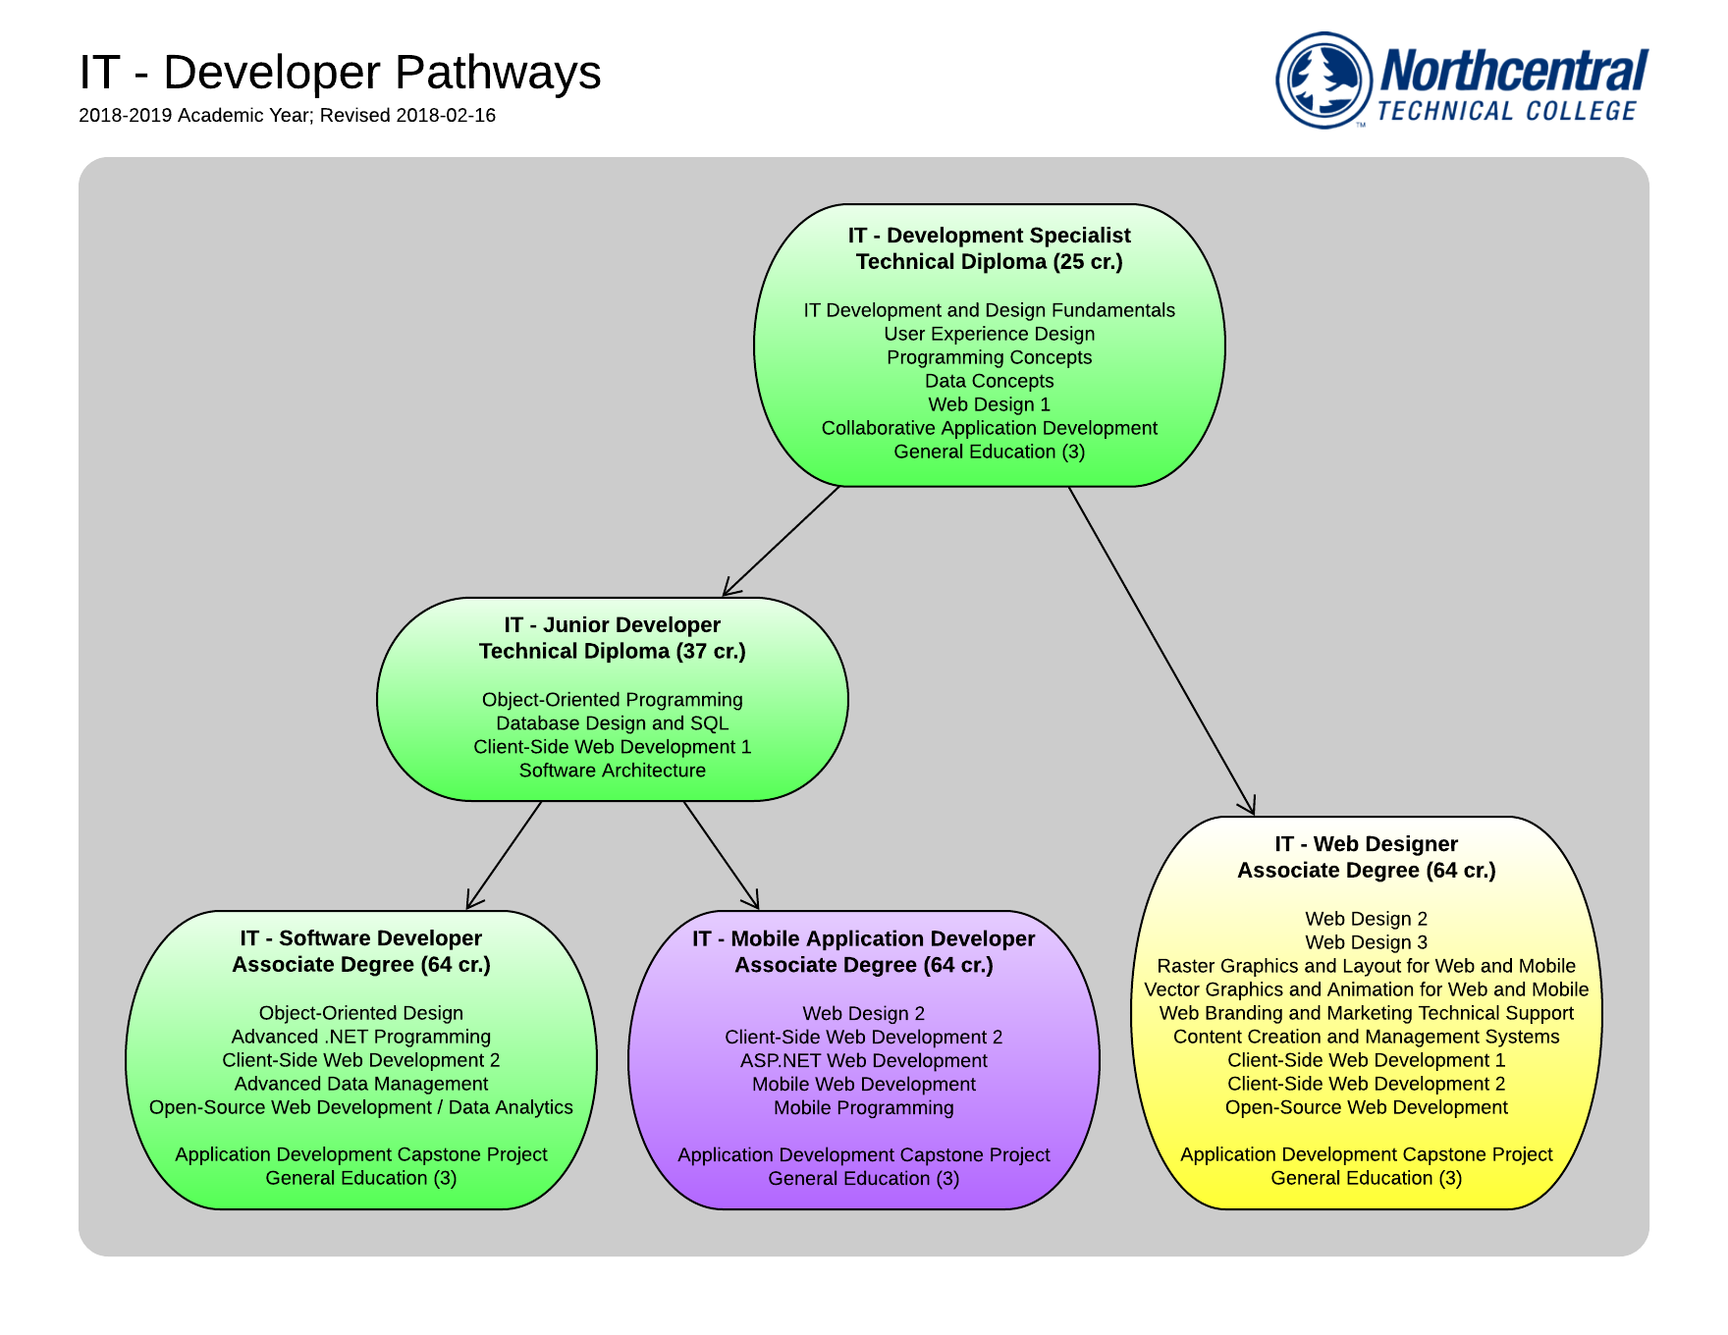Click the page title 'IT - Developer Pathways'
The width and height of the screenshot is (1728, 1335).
pos(340,73)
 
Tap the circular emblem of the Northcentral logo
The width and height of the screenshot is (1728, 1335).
pos(1323,80)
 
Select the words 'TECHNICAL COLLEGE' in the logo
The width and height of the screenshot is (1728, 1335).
pos(1507,112)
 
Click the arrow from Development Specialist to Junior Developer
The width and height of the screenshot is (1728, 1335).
pos(782,541)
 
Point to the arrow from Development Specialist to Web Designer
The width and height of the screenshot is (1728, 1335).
pos(1161,651)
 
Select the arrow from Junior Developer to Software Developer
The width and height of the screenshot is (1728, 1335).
pos(504,855)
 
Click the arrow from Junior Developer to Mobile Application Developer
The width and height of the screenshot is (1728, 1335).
pos(722,855)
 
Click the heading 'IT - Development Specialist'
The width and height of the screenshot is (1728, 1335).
pos(989,236)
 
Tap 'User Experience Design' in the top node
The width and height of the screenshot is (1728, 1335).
pos(989,334)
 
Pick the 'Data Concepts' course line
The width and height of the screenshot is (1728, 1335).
pos(989,381)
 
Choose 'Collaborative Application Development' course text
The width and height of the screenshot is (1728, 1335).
pos(989,428)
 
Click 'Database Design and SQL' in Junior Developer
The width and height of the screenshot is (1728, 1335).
pos(612,723)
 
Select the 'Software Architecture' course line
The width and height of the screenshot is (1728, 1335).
pos(612,771)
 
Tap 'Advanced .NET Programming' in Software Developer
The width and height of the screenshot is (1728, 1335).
pos(360,1037)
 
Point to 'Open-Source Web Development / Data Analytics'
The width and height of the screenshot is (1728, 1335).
pos(360,1107)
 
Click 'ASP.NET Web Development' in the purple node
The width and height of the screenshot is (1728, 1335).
pos(863,1060)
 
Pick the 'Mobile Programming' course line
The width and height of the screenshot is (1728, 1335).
pos(863,1107)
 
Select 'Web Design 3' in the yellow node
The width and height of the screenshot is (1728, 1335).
pos(1366,942)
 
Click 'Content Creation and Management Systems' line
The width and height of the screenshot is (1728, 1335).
pos(1366,1037)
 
